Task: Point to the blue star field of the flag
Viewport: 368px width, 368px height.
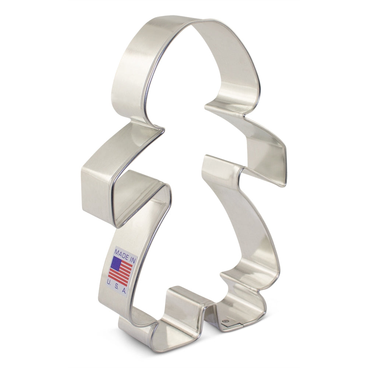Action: (x=116, y=263)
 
